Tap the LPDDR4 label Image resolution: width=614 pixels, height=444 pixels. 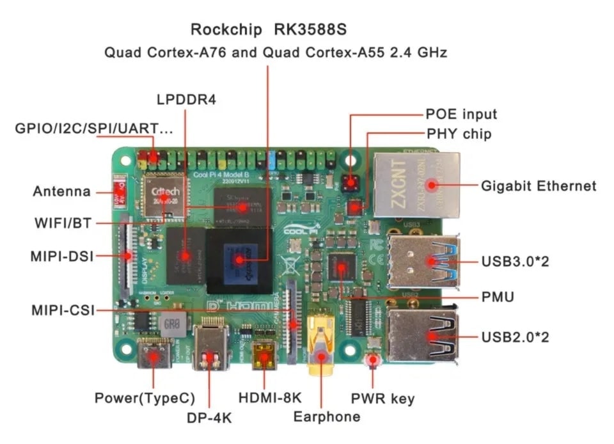[187, 100]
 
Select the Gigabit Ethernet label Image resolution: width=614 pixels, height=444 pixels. [539, 186]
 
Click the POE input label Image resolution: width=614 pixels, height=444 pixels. [461, 115]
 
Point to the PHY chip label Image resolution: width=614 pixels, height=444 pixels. [459, 134]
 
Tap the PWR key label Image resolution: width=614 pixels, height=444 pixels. [382, 399]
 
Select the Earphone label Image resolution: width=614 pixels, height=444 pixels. [327, 417]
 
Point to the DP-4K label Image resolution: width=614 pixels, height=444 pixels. [209, 418]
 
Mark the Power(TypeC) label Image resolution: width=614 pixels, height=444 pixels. [145, 398]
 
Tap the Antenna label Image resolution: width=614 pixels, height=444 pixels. [62, 191]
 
